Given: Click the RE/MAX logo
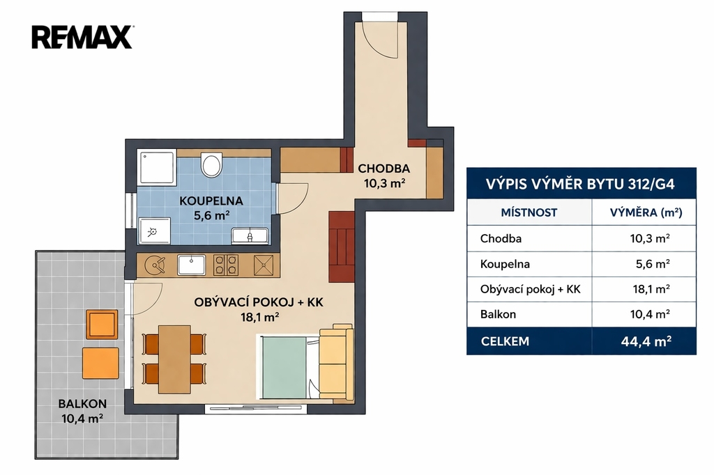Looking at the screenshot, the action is [x=82, y=37].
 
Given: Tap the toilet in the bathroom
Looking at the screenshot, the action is [x=211, y=164].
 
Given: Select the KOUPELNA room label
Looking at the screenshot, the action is [x=211, y=201].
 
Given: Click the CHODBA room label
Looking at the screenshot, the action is [x=384, y=169].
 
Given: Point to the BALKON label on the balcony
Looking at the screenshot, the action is [x=82, y=403].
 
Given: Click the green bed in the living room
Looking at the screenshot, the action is [x=284, y=367].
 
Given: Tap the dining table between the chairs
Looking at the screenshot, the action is [x=174, y=359].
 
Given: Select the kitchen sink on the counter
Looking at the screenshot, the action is [x=191, y=265].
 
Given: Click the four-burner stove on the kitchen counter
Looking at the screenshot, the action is [x=226, y=265].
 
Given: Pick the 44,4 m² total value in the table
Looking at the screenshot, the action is [x=646, y=341].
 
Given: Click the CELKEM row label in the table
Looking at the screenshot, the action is [x=505, y=341].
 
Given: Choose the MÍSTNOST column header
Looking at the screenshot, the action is [x=529, y=212].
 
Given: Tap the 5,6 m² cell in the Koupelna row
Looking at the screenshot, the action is [x=653, y=264].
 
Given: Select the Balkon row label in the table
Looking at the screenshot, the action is [x=498, y=314].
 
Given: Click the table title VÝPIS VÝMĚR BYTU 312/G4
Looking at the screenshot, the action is [x=580, y=185].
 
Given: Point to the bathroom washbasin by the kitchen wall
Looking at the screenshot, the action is [x=250, y=235].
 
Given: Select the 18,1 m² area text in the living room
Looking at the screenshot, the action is [x=259, y=317].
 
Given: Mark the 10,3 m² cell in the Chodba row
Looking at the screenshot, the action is [x=650, y=238].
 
